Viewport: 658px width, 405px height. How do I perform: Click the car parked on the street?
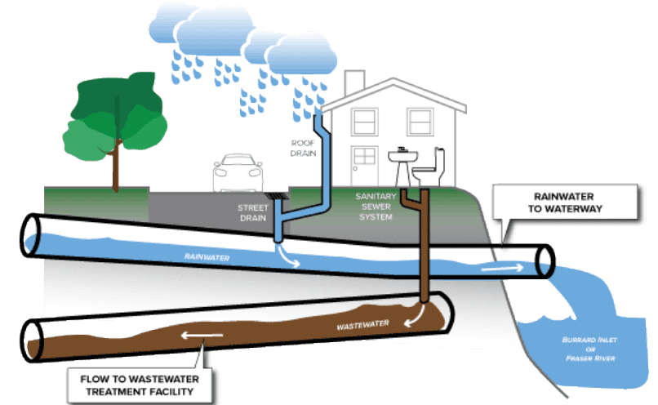click(238, 173)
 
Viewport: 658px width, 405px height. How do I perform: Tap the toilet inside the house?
click(429, 168)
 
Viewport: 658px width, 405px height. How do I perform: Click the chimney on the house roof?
click(354, 82)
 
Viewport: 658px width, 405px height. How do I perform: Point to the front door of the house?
click(364, 166)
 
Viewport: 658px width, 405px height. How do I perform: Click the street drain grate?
click(278, 197)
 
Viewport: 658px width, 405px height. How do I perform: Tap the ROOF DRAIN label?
click(303, 148)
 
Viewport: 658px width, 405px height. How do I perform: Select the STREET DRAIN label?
click(252, 213)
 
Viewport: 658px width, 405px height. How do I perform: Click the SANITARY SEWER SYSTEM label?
click(376, 207)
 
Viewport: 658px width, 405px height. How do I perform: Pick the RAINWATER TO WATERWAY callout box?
click(565, 202)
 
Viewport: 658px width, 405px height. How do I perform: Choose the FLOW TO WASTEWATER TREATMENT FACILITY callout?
click(140, 385)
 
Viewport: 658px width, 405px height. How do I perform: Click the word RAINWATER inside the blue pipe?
click(207, 257)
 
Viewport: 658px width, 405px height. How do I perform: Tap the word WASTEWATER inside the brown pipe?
click(363, 325)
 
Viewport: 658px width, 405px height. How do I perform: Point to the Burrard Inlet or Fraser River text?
click(590, 349)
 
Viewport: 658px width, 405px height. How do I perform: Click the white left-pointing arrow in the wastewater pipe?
click(202, 336)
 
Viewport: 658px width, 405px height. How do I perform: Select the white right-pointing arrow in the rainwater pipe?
click(502, 268)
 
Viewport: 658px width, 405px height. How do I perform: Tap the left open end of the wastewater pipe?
click(33, 340)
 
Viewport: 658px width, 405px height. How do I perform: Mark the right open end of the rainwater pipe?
click(545, 261)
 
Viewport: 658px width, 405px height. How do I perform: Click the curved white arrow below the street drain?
click(288, 256)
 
